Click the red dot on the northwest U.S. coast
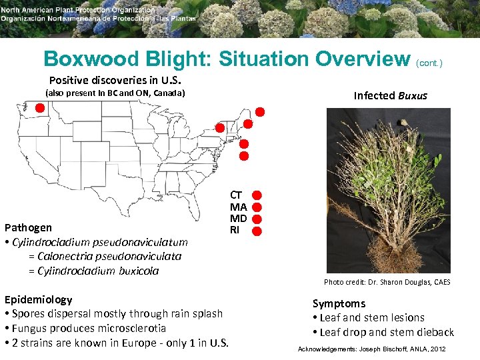click(x=40, y=107)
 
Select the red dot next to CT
click(x=257, y=195)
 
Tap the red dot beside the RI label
click(x=257, y=231)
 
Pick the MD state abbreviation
click(x=238, y=219)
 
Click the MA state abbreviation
click(x=238, y=207)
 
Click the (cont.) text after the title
click(x=429, y=63)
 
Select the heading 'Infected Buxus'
click(x=390, y=95)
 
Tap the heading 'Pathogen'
click(x=28, y=227)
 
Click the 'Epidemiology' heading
click(x=38, y=299)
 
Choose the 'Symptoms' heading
click(x=339, y=303)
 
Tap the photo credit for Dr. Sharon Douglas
click(x=387, y=282)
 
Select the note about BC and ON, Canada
click(x=114, y=93)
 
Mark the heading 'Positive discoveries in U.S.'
click(x=115, y=80)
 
